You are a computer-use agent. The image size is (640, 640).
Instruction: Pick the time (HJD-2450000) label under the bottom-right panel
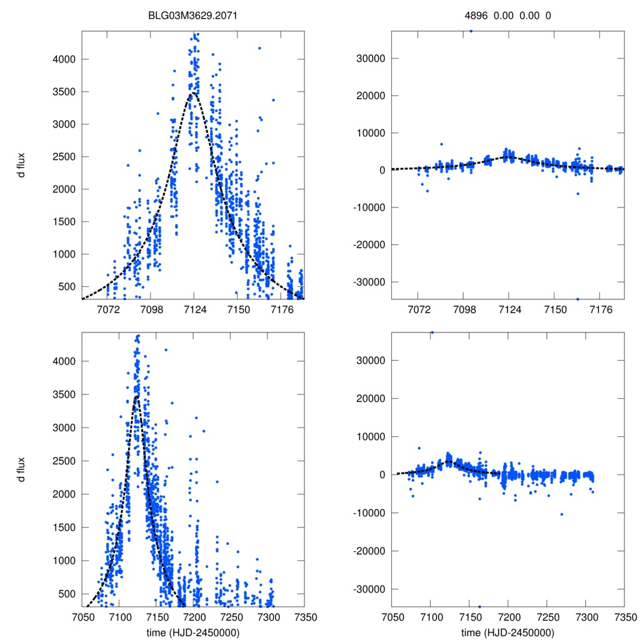(507, 632)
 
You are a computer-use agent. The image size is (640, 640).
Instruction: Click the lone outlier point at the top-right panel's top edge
(471, 30)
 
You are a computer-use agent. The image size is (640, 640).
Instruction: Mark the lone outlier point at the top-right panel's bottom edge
(577, 299)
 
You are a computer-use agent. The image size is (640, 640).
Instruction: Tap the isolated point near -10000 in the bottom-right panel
(562, 514)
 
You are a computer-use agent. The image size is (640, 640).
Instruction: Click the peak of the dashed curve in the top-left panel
(194, 93)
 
